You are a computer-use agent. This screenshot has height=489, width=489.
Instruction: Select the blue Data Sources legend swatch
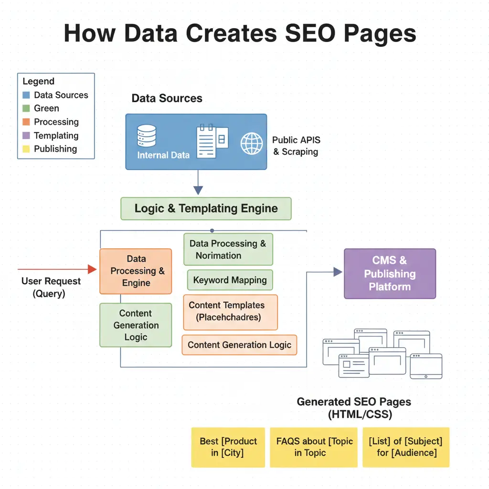pos(26,95)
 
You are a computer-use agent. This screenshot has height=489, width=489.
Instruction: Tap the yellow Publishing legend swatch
pos(26,149)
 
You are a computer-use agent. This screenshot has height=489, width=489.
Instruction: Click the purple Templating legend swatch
pos(26,136)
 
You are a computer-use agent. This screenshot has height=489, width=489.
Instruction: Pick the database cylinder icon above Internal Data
pos(146,136)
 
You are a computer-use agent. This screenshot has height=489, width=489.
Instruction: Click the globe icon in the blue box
pos(252,143)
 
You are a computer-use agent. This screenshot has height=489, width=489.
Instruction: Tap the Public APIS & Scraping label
pos(296,146)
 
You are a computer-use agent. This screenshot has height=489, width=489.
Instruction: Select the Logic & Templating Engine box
pos(206,209)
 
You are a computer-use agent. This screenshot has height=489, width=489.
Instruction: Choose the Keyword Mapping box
pos(230,280)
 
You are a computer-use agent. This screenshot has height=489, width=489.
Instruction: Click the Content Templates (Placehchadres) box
pos(230,312)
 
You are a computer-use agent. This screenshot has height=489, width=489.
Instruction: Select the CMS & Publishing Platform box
pos(390,274)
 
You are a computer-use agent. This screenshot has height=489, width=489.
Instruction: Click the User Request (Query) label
pos(51,287)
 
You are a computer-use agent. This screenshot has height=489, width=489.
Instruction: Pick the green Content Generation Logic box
pos(136,325)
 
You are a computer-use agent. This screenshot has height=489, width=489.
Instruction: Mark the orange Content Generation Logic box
pos(239,345)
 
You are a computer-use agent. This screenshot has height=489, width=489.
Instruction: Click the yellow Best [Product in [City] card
pos(228,447)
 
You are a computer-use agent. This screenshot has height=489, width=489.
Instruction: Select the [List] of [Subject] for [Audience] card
pos(406,447)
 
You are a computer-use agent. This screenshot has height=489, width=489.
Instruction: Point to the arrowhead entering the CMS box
pos(338,272)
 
